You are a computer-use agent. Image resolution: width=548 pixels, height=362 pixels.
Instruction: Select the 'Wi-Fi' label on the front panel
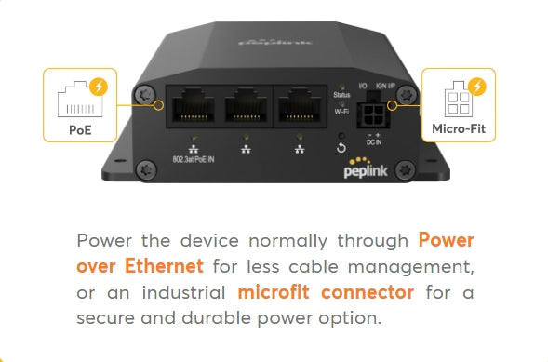(x=341, y=111)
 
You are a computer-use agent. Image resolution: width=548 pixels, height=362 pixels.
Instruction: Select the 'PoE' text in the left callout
(x=80, y=129)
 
